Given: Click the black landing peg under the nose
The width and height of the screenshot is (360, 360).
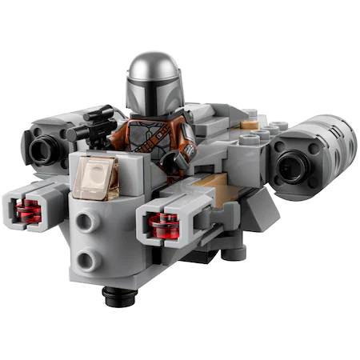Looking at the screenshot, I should pyautogui.click(x=116, y=298).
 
